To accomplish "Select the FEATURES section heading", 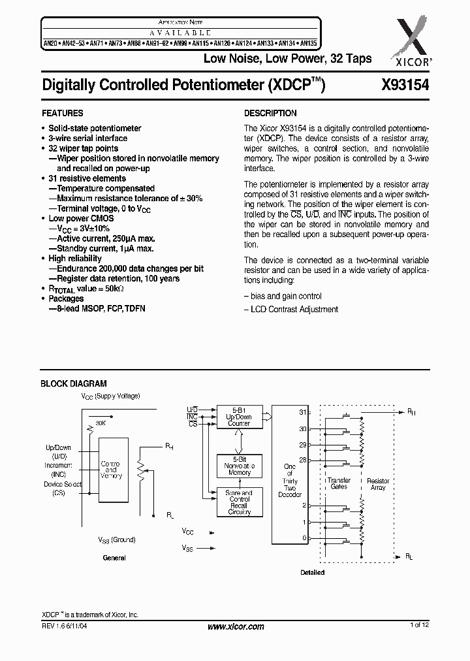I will pos(62,113).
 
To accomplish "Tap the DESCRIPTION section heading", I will pos(270,113).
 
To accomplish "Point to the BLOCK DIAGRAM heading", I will pos(74,384).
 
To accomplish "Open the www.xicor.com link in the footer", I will pos(236,626).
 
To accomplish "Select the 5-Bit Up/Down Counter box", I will pos(239,417).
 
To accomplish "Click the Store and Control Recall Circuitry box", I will pos(239,502).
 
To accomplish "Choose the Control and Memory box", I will pos(111,470).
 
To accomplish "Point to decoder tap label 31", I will pos(302,412).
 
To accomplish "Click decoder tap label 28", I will pos(302,460).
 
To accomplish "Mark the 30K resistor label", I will pos(99,423).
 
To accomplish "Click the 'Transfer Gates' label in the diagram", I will pos(339,484).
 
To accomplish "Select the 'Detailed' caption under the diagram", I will pos(312,572).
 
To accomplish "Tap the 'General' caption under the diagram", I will pos(114,558).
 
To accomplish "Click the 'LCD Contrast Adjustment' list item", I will pos(291,309).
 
